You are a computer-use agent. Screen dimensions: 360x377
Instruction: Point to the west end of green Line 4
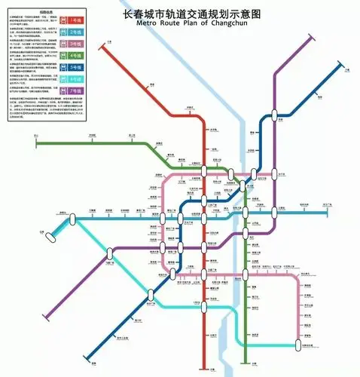35,140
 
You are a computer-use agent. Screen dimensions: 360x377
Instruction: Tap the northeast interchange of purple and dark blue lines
276,115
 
